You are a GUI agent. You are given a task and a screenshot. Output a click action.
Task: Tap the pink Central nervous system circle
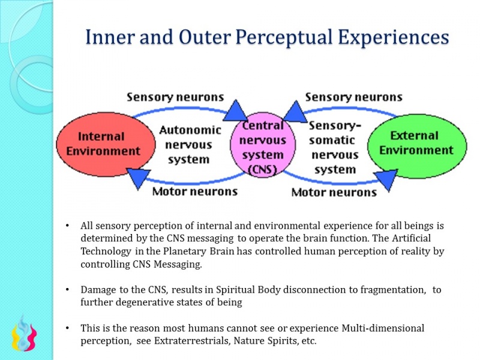(263, 147)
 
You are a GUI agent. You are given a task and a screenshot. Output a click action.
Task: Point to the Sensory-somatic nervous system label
(335, 148)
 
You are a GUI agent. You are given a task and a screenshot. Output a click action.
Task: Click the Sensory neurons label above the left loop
(175, 97)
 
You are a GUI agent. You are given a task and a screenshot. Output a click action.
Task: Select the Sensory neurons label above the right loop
(353, 97)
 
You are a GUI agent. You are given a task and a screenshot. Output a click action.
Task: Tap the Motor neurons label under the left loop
(194, 191)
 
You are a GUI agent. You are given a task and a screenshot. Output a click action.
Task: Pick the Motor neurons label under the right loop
(334, 192)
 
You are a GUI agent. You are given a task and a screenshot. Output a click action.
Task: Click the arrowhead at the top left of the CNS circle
(236, 110)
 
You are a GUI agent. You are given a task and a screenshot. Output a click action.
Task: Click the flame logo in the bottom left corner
(24, 333)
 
